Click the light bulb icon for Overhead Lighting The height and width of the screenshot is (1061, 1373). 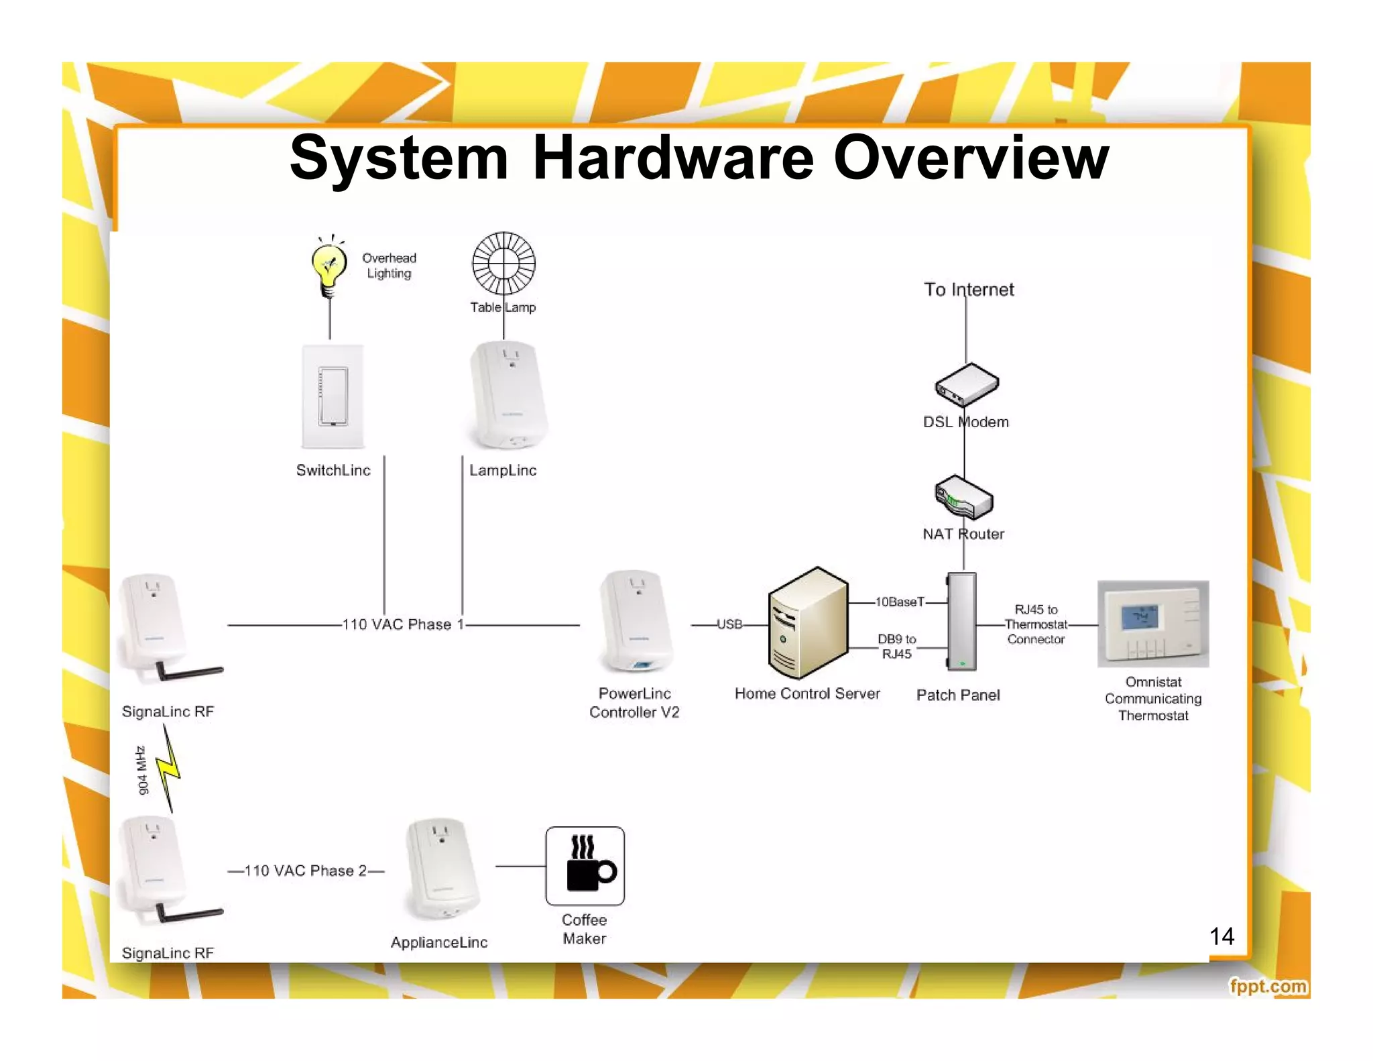329,269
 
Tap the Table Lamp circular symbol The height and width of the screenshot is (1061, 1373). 503,264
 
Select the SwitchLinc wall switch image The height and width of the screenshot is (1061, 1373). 333,396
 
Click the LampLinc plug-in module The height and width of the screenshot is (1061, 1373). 508,396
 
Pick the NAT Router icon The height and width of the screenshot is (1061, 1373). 964,498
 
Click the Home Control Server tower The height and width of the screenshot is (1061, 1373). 808,623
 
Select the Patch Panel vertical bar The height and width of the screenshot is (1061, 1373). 961,622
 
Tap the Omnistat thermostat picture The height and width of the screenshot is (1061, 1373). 1152,624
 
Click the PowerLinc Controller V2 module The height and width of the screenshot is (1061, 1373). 635,622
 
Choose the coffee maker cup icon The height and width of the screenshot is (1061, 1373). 585,866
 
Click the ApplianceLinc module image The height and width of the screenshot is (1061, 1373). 441,870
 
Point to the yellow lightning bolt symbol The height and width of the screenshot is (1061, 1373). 169,769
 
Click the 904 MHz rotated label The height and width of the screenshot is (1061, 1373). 142,770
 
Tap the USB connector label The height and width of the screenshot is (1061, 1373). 729,624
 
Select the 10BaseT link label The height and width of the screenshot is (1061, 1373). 900,602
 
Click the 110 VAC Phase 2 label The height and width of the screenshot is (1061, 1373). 306,871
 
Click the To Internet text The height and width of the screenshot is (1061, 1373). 968,290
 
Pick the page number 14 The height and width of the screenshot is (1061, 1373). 1221,936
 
